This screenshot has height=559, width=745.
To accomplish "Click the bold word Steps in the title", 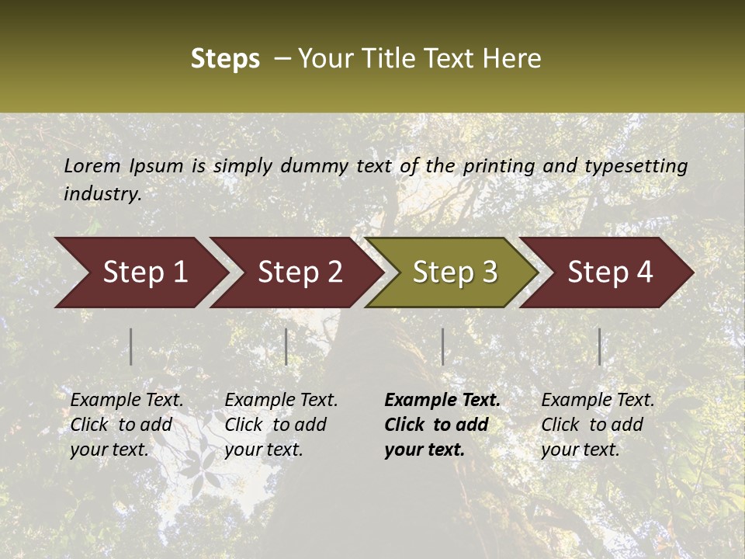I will click(x=225, y=58).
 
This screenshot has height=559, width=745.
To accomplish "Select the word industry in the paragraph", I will click(x=101, y=193).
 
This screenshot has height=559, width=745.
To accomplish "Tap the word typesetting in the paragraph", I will click(x=636, y=165).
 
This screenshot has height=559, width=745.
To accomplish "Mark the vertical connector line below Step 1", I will click(x=131, y=346).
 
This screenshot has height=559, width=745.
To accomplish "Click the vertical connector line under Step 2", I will click(x=286, y=346).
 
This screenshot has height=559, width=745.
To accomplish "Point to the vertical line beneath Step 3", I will click(x=443, y=346).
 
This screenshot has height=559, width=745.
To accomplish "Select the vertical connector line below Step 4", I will click(x=600, y=346).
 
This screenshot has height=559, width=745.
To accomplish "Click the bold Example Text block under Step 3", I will click(x=442, y=425).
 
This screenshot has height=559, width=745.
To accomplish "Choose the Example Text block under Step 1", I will click(x=126, y=425).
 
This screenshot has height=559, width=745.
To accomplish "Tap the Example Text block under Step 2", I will click(x=281, y=425).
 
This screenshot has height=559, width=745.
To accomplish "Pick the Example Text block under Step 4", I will click(x=598, y=425).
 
